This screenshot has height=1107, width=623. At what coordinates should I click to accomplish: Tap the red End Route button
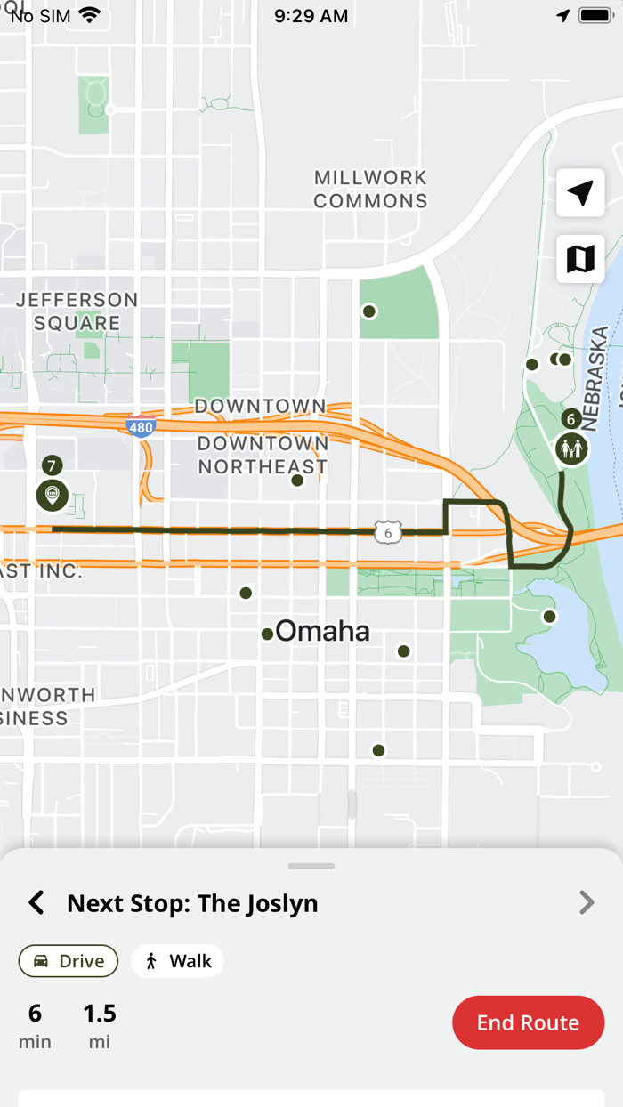coord(528,1022)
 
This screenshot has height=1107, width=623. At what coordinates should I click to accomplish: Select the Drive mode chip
coord(69,961)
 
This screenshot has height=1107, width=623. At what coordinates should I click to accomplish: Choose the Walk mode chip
coord(177,961)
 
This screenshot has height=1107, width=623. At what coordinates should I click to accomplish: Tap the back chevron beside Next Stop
coord(36,903)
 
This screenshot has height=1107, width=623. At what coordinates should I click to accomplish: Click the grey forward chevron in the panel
coord(587,903)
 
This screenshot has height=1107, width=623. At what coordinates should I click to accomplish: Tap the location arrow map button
coord(580,193)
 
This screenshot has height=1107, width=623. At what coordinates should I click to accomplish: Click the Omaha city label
coord(321,632)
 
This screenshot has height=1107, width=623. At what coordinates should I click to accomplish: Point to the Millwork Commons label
coord(370,190)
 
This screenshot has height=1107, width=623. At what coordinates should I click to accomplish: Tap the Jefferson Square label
coord(77,311)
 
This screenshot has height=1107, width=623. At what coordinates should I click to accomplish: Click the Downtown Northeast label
coord(263,455)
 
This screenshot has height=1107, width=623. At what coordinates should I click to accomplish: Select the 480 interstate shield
coord(141,428)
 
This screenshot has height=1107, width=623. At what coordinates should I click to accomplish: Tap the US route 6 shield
coord(387,533)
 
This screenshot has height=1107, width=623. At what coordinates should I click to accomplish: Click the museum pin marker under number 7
coord(53,495)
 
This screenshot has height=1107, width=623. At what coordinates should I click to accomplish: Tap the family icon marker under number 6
coord(571,448)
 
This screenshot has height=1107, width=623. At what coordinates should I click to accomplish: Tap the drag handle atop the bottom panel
coord(311,866)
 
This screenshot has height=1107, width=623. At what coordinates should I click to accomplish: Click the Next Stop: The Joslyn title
coord(192,903)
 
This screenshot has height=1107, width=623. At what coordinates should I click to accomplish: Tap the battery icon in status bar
coord(595,16)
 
